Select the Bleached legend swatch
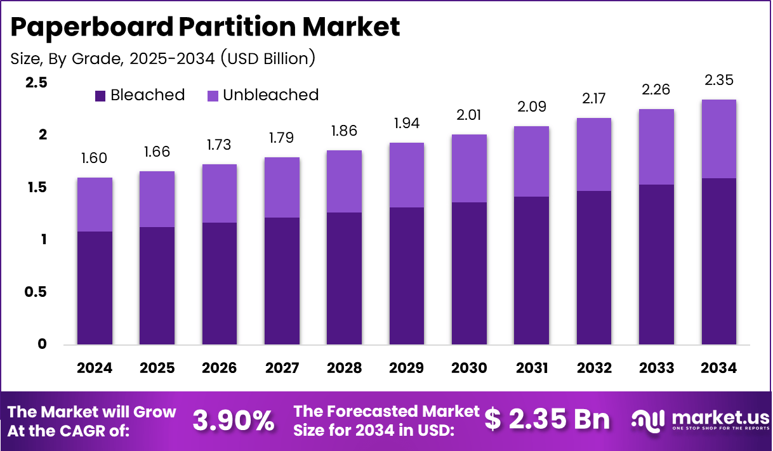[101, 96]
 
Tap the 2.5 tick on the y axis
[37, 82]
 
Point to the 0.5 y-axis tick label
[37, 292]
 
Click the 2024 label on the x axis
[95, 368]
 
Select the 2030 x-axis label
[469, 368]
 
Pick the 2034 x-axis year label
[719, 368]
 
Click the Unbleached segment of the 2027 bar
[282, 187]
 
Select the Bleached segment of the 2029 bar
[407, 276]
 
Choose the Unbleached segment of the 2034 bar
[719, 139]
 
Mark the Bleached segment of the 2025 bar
[157, 285]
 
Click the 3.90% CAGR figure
[234, 420]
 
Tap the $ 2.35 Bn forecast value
[547, 420]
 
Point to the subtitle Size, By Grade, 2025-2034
[163, 59]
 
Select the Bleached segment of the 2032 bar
[594, 268]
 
